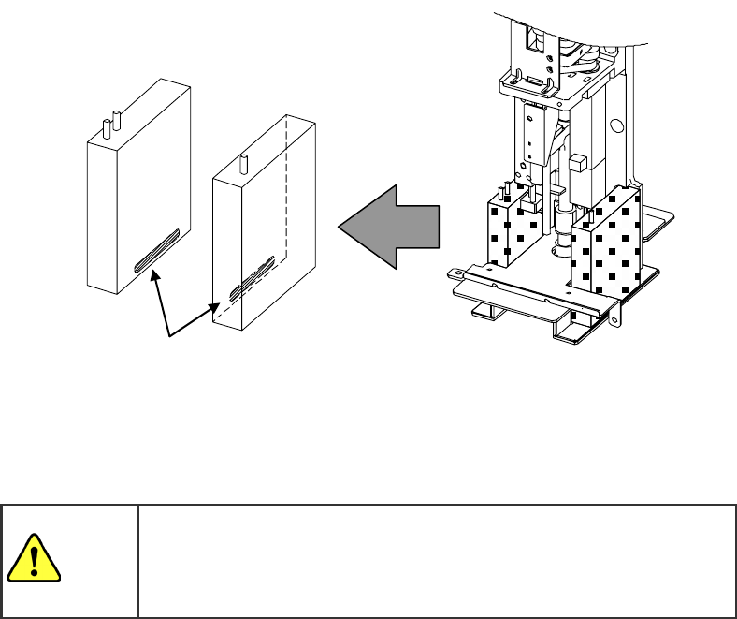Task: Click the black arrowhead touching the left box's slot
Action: [156, 272]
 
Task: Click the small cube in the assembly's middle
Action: [578, 161]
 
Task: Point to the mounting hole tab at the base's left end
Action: [457, 273]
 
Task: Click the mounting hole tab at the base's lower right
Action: [615, 320]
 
